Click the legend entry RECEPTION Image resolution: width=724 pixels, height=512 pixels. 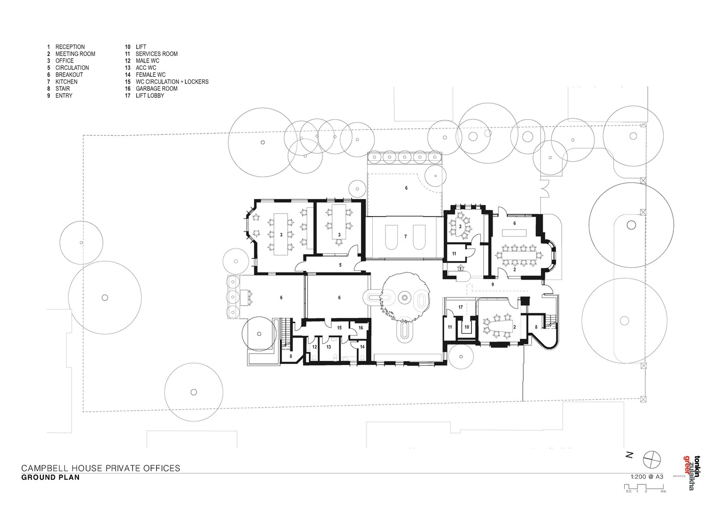click(70, 47)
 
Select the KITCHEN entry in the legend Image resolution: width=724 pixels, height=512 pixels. click(66, 82)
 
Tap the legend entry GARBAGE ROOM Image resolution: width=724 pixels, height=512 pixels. click(157, 89)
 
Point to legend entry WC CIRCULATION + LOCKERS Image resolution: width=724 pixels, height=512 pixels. click(172, 82)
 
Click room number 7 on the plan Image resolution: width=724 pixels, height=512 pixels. click(406, 237)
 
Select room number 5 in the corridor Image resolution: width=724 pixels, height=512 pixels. click(340, 265)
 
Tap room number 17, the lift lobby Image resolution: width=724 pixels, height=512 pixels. click(461, 307)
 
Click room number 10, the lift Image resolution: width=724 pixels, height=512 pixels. click(467, 327)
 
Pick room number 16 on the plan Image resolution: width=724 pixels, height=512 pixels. click(360, 328)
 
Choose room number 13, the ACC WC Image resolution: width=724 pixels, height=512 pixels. click(329, 347)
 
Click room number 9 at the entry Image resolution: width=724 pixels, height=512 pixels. click(493, 285)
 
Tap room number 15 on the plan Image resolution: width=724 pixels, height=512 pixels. click(339, 328)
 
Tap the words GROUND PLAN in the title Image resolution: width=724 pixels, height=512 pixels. click(50, 477)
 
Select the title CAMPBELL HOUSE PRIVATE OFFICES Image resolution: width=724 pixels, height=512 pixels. click(100, 468)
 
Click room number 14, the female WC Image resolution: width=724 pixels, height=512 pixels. click(363, 347)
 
